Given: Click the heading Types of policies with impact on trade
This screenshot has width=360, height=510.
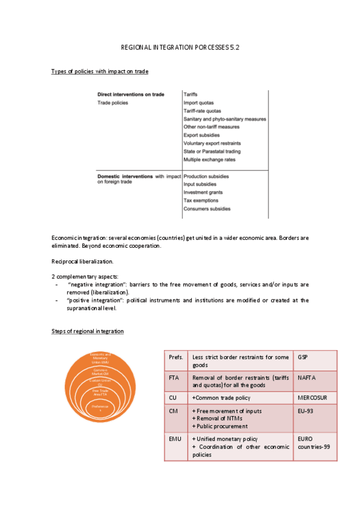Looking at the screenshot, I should coord(100,72).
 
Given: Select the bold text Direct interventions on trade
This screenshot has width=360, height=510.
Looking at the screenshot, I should coord(131,94).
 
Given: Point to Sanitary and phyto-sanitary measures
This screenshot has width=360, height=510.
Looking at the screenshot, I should coord(225,119).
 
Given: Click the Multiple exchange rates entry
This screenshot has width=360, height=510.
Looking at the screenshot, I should coord(209,160).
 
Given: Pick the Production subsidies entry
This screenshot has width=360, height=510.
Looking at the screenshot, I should coord(206,177).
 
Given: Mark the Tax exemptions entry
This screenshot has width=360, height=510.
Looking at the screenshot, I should coord(201,200).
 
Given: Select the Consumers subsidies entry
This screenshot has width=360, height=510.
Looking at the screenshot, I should coord(207,209).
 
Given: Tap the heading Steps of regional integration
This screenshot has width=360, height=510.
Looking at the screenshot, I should coord(88,331).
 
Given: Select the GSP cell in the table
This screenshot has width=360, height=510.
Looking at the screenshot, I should coord(302,357).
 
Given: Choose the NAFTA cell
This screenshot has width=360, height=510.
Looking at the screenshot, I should coord(308,378).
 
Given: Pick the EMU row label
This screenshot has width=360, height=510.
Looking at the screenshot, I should coord(175,440).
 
